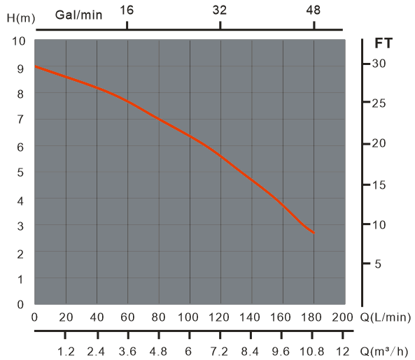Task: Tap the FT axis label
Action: pyautogui.click(x=384, y=43)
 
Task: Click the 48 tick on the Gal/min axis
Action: pyautogui.click(x=314, y=10)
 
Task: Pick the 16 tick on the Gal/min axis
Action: pyautogui.click(x=127, y=10)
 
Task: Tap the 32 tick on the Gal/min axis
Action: pyautogui.click(x=220, y=10)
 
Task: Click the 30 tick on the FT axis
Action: pyautogui.click(x=379, y=64)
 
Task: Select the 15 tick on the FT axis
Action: pyautogui.click(x=379, y=185)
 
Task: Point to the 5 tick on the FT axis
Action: pyautogui.click(x=379, y=264)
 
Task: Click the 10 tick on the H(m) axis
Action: pyautogui.click(x=20, y=41)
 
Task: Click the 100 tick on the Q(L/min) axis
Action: pyautogui.click(x=189, y=317)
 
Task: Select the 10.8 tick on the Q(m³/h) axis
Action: pyautogui.click(x=314, y=351)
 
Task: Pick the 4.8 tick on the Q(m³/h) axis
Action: pyautogui.click(x=158, y=351)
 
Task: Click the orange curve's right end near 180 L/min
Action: pyautogui.click(x=314, y=233)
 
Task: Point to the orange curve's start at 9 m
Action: pyautogui.click(x=36, y=66)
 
